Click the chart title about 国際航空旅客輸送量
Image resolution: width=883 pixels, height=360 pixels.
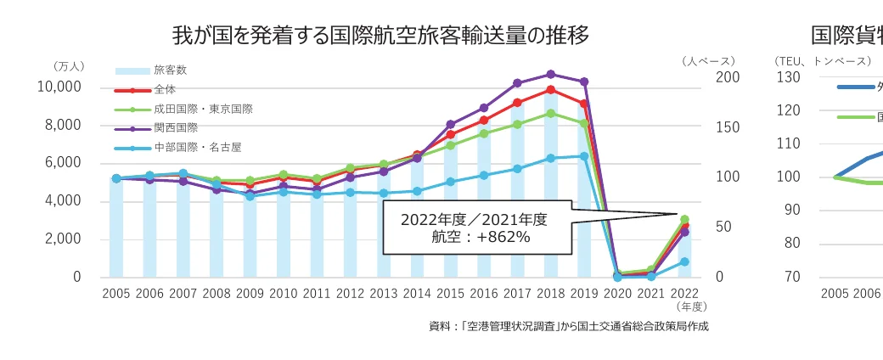(x=380, y=35)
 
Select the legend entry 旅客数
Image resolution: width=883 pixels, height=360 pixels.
(x=170, y=70)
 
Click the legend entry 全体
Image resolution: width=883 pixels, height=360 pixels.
(x=165, y=90)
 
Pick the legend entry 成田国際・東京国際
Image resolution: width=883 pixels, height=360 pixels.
(x=203, y=110)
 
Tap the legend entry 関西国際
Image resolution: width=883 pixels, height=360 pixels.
(x=176, y=128)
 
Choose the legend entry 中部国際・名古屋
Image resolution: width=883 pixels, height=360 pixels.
(x=197, y=148)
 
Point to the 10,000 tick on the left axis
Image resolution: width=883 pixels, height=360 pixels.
(x=59, y=87)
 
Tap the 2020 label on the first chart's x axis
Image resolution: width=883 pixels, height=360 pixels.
(x=617, y=294)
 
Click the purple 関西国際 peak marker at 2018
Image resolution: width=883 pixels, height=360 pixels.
(x=551, y=74)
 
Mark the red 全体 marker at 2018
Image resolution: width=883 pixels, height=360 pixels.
(x=551, y=90)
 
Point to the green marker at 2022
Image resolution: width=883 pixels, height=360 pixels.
(x=684, y=219)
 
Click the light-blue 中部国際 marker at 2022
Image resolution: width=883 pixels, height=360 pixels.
(x=684, y=262)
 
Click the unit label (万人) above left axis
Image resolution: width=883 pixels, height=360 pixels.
(x=67, y=65)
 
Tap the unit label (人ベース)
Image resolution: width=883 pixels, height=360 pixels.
(x=708, y=61)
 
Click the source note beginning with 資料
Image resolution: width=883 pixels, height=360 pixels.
(x=568, y=326)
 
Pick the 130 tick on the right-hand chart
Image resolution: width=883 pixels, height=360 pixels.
(x=789, y=77)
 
